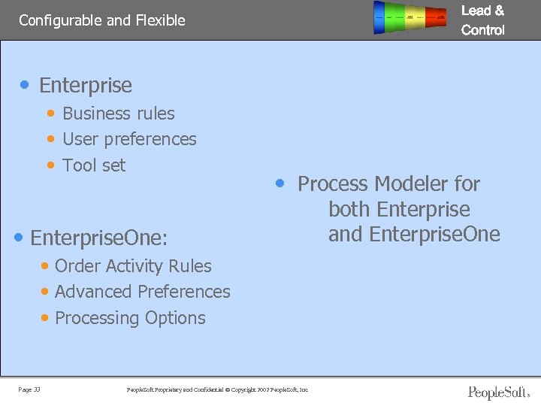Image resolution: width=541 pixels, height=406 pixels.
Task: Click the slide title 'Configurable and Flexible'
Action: click(101, 20)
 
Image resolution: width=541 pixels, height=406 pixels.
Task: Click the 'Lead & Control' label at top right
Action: click(482, 20)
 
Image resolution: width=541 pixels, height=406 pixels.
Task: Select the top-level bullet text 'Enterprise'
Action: click(85, 86)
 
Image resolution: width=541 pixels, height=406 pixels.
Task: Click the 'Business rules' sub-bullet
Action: click(118, 114)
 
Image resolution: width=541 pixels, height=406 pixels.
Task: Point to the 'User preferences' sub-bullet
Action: click(129, 139)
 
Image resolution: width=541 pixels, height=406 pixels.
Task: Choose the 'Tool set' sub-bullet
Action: click(94, 165)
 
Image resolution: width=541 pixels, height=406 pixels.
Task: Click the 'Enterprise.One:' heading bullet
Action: click(98, 238)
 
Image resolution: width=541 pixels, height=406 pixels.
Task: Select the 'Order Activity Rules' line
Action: click(133, 266)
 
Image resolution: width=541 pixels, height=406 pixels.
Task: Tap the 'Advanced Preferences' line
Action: click(142, 292)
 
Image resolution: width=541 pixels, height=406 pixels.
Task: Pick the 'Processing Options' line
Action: click(130, 318)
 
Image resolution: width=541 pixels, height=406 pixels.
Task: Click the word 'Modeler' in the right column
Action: click(410, 184)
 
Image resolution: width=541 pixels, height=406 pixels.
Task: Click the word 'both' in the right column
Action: click(350, 210)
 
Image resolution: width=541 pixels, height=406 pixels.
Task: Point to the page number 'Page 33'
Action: click(30, 389)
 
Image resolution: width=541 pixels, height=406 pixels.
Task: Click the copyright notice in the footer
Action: click(218, 389)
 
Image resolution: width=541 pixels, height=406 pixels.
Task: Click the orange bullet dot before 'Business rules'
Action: click(50, 114)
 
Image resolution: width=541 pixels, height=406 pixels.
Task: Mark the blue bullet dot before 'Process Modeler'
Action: click(280, 183)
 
